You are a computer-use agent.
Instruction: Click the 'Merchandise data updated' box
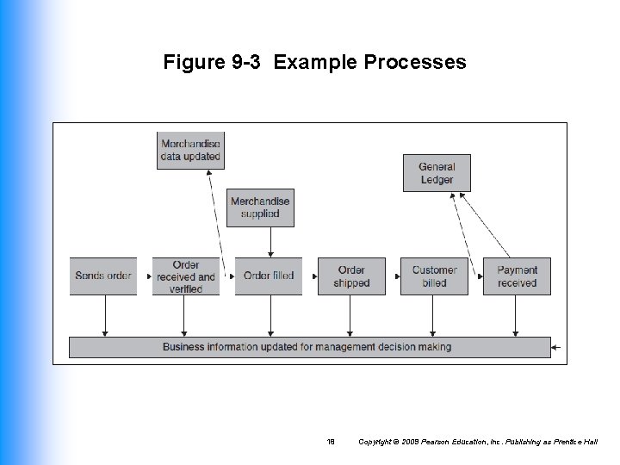tap(190, 150)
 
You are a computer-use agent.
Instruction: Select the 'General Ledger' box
tap(437, 172)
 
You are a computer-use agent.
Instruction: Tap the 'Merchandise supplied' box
tap(260, 208)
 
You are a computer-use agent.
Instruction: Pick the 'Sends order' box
tap(103, 276)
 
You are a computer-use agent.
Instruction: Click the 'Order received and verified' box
tap(186, 276)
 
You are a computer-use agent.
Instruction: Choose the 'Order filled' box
tap(269, 276)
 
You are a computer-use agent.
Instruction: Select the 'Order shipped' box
tap(351, 276)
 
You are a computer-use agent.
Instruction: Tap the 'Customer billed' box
tap(434, 276)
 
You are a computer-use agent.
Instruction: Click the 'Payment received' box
tap(517, 276)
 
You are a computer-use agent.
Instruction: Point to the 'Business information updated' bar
tap(309, 347)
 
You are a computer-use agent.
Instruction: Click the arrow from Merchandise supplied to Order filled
tap(270, 242)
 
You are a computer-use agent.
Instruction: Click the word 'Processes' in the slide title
tap(415, 63)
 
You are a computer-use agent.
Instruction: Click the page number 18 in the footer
tap(331, 442)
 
